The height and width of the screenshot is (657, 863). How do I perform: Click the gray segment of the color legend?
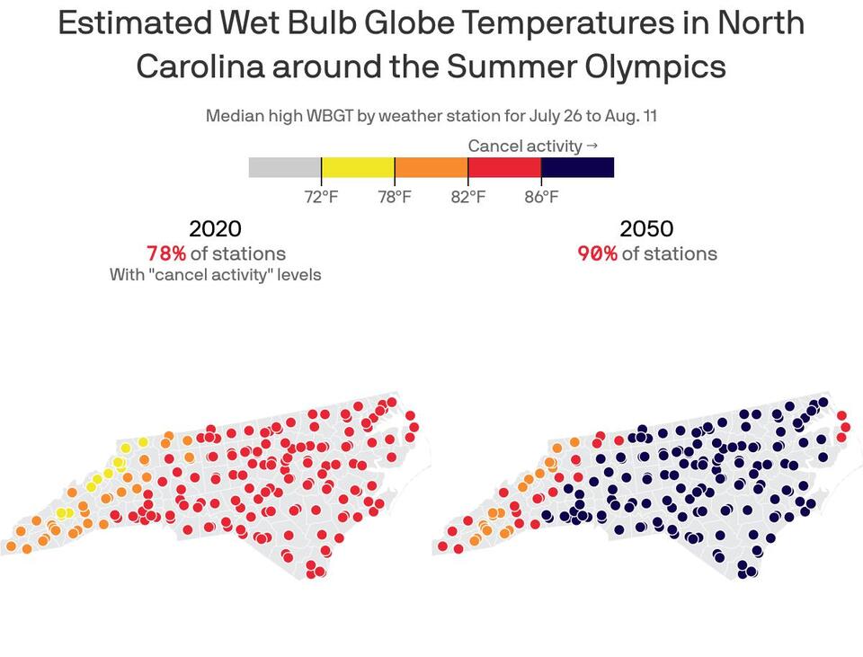[285, 167]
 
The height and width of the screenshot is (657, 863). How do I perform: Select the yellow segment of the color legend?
[358, 167]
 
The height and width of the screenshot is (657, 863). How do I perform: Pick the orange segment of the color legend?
[431, 167]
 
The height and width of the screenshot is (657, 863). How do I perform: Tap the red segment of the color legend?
[504, 167]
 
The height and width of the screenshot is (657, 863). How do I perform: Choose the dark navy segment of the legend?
[577, 167]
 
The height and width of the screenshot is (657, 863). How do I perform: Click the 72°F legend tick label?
[321, 197]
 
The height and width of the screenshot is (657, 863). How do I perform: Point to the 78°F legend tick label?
[395, 197]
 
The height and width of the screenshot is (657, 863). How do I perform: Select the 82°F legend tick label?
[467, 197]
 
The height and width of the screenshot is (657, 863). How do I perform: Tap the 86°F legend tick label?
[541, 197]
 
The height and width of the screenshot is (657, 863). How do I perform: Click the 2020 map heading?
[215, 229]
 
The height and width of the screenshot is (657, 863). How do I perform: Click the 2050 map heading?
[646, 229]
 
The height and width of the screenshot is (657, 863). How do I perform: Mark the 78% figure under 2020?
[165, 253]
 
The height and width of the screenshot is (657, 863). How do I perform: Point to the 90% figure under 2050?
[597, 253]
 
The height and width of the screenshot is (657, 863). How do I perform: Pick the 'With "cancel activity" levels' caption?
[215, 274]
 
